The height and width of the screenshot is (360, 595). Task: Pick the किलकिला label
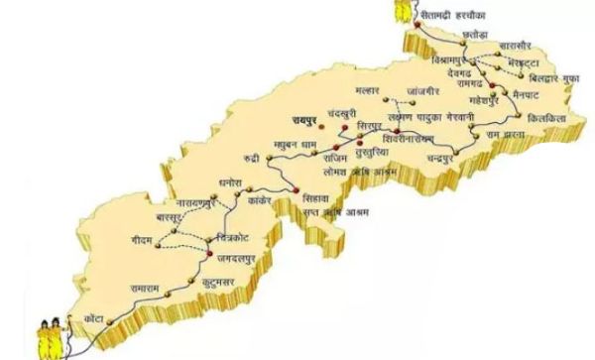(547, 116)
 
